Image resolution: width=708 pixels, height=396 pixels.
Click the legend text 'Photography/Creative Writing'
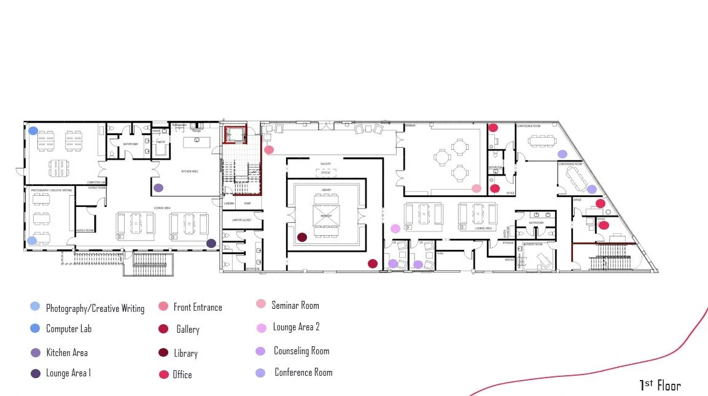[95, 308]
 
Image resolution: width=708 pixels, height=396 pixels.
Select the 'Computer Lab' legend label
[69, 329]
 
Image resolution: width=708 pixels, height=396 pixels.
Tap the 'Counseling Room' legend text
[301, 351]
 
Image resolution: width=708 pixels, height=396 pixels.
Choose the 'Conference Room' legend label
[303, 372]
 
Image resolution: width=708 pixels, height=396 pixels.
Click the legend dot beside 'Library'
[163, 352]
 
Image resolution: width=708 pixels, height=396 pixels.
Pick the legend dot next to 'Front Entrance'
[163, 306]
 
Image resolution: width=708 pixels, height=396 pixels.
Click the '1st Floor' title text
[660, 386]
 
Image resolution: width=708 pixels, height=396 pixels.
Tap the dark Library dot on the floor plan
[302, 237]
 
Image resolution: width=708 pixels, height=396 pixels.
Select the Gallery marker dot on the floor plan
[373, 264]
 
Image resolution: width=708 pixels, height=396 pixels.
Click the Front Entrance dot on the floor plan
[269, 149]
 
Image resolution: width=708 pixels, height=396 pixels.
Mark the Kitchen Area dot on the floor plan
[158, 188]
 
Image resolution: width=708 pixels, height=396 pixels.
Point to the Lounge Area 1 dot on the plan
[211, 243]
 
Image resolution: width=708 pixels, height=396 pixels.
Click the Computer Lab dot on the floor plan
[33, 131]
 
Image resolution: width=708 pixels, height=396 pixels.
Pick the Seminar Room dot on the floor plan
[477, 188]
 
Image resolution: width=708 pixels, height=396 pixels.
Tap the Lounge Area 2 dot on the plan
[395, 228]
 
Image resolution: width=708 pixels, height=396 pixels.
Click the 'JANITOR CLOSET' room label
[234, 219]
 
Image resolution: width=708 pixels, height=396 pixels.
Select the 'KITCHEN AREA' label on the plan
[189, 171]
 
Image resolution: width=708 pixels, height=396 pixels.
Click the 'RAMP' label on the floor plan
[247, 203]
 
